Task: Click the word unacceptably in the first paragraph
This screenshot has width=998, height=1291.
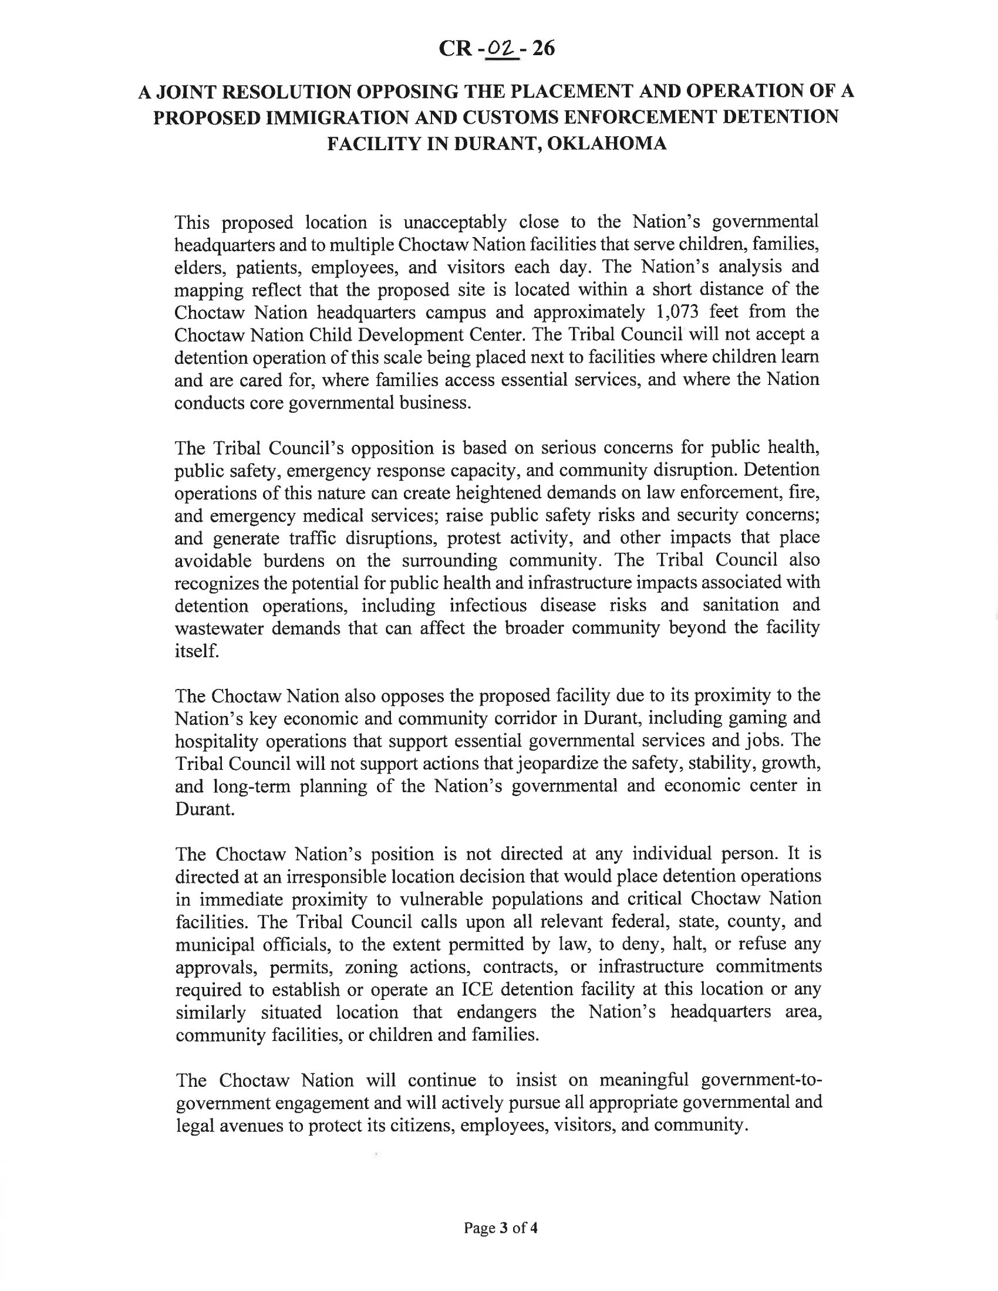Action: tap(454, 222)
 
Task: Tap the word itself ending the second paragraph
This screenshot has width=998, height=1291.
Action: tap(195, 651)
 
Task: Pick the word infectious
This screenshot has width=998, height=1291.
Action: tap(487, 606)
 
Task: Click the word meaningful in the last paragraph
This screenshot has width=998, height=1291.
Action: tap(643, 1080)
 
